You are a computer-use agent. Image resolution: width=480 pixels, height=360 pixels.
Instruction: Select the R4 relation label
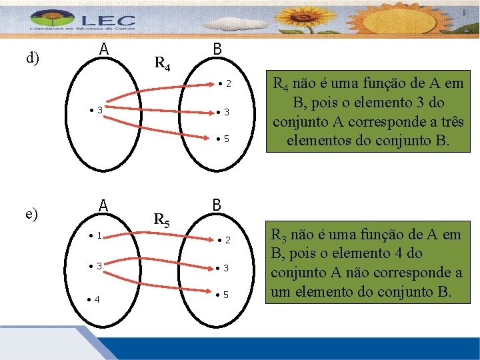point(163,64)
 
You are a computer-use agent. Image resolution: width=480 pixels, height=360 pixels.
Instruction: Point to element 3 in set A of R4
point(97,109)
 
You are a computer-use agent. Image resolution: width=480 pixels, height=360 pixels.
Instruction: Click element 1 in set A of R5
point(95,235)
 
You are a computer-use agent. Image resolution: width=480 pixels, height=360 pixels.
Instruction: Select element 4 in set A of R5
point(95,299)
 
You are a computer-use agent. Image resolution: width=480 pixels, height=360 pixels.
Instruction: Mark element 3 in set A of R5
point(96,266)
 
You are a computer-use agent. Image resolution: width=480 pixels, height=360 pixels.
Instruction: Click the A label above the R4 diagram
point(104,49)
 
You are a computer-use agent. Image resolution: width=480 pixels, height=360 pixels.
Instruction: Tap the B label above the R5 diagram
point(217,204)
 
